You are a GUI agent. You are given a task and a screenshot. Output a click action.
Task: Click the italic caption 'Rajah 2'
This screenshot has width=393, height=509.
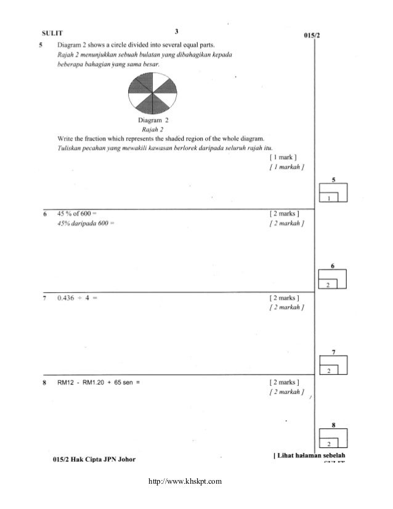[x=152, y=130]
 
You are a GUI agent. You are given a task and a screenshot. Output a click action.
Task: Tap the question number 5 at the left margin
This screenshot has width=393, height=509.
[x=41, y=46]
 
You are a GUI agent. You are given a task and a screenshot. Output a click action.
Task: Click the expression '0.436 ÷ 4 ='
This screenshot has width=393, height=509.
[x=78, y=298]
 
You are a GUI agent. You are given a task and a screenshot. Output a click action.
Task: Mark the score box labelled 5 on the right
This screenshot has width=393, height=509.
[x=333, y=192]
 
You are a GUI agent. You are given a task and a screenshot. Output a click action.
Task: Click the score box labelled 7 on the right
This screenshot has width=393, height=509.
[x=333, y=364]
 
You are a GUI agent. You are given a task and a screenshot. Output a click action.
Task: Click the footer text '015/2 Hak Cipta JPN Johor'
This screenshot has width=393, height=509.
[x=94, y=459]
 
